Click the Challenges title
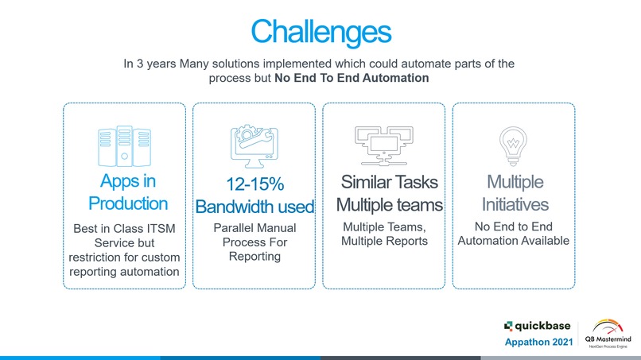pos(321,33)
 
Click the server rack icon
pos(124,146)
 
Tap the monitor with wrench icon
pos(254,146)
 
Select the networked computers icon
pos(384,146)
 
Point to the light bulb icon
pos(513,146)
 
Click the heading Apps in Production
pos(128,192)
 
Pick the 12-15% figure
pos(255,184)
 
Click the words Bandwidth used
pos(254,207)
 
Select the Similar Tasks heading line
pos(389,182)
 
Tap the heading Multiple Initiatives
pos(515,193)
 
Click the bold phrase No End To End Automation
pos(352,78)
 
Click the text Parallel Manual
pos(254,228)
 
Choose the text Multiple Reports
pos(384,241)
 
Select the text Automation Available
pos(514,241)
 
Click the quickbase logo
pos(537,326)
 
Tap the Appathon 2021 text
pos(538,342)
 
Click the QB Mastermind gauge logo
pos(608,334)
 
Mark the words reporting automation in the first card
pos(124,272)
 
